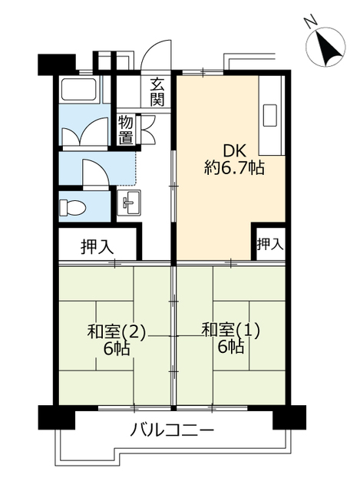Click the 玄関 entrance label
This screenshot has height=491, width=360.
pos(157,92)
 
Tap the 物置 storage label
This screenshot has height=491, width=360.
pos(126,130)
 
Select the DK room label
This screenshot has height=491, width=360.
pos(234,152)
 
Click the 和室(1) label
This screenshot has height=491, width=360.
pos(230,331)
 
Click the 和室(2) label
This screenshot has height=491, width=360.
pos(117,331)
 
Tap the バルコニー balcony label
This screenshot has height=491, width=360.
pos(172,430)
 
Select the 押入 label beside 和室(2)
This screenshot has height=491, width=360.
pos(97,247)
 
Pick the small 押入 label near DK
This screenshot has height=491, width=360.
pos(270,244)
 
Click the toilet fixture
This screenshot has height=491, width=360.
pos(72,207)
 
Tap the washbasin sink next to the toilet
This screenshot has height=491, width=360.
pos(129,203)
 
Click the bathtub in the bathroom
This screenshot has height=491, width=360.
pos(78,89)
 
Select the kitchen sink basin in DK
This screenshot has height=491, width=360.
pos(269,115)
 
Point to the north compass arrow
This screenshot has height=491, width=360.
pos(328,47)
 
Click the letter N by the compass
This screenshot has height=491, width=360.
pos(310,22)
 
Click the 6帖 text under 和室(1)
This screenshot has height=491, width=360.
pos(231,346)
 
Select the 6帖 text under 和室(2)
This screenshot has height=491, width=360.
pos(117,348)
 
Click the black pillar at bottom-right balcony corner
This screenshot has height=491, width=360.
pos(289,417)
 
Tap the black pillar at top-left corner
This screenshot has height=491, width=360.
pos(57,64)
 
